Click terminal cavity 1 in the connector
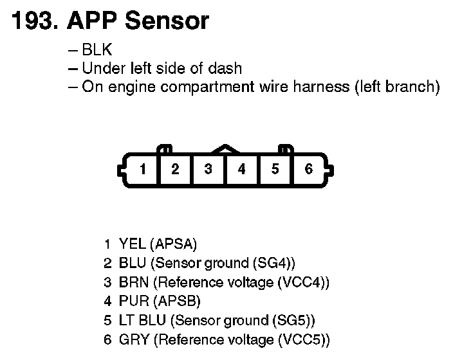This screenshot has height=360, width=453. tap(143, 169)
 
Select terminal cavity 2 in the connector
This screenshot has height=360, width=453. tap(176, 169)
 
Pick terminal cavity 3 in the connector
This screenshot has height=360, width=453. tap(208, 169)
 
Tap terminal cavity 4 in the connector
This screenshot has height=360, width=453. tap(242, 169)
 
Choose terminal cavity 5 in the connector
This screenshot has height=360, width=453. tap(275, 169)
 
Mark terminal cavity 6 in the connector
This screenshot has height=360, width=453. tap(309, 169)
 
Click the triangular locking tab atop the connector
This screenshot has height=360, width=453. tap(225, 148)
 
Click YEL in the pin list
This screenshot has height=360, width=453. tap(133, 244)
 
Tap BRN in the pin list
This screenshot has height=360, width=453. tap(134, 282)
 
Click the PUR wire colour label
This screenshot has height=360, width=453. tap(133, 301)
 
